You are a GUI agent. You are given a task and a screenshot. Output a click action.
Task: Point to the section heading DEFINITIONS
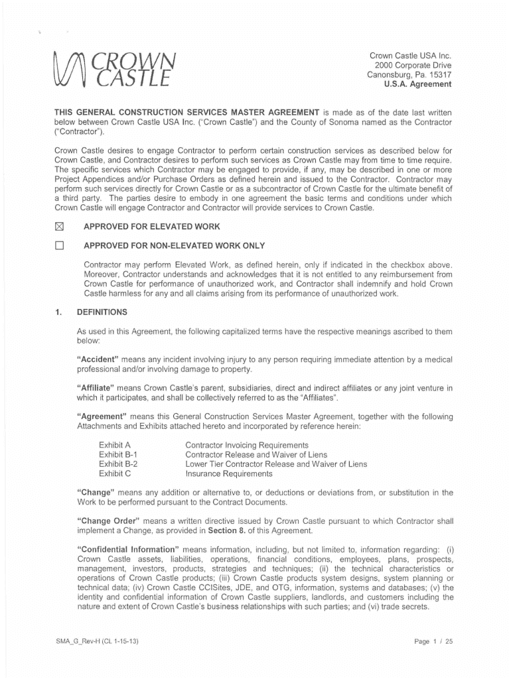[102, 312]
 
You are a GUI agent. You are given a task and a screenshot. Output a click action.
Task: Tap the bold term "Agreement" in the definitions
[102, 416]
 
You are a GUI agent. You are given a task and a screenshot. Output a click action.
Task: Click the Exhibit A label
[115, 444]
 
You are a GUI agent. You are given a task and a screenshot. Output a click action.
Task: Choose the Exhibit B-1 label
[118, 454]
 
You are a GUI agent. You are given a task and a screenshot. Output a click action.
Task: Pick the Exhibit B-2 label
[118, 464]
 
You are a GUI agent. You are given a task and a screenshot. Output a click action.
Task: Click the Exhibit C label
[115, 474]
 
